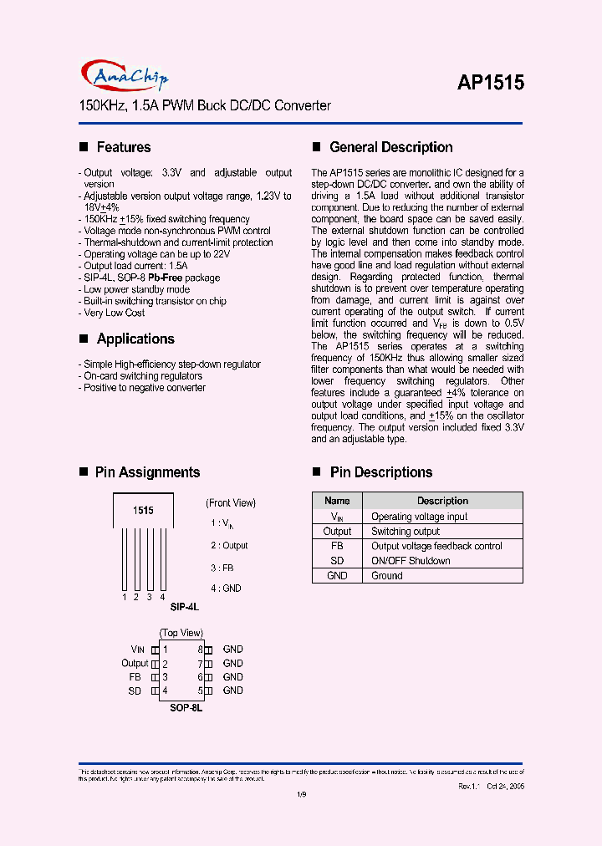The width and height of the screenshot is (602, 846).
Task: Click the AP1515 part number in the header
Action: tap(490, 82)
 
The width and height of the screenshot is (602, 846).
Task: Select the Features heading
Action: tap(123, 147)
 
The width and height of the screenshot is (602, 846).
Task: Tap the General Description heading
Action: tap(390, 147)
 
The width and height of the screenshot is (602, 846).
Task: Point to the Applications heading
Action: tap(135, 339)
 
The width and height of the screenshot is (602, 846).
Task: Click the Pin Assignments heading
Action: tap(147, 472)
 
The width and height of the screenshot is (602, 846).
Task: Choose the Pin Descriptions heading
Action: tap(380, 472)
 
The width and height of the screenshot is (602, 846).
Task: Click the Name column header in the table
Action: tap(337, 501)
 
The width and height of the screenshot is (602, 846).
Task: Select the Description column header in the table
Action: tap(442, 501)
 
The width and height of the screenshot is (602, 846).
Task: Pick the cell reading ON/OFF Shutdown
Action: tap(411, 561)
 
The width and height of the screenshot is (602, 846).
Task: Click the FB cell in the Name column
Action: tap(337, 546)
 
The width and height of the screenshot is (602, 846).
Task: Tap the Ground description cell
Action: tap(387, 576)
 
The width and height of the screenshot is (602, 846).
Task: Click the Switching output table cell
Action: tap(406, 532)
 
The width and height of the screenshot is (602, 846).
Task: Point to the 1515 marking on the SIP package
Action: tap(143, 509)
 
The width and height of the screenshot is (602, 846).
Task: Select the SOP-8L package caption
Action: tap(186, 707)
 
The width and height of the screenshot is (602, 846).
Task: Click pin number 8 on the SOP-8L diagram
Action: tap(200, 649)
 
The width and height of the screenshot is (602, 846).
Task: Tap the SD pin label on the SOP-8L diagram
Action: tap(135, 691)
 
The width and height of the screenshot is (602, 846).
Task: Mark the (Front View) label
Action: tap(231, 502)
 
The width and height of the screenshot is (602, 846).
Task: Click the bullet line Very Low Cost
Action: tap(114, 313)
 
